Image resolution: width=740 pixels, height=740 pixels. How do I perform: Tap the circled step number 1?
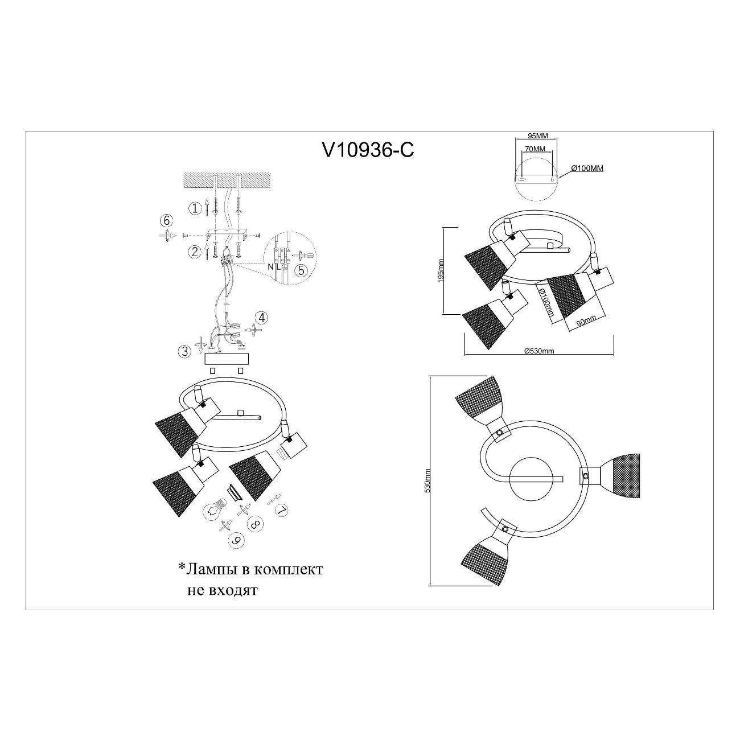(x=195, y=208)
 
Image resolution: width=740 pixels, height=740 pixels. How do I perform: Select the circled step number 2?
(x=195, y=252)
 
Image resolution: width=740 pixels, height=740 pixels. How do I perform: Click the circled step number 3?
(x=184, y=351)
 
